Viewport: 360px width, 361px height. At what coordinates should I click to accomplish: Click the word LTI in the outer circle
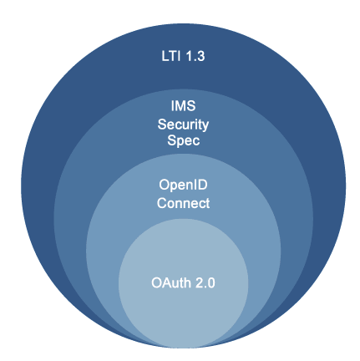point(170,56)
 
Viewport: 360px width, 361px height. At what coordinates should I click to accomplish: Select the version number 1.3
point(195,56)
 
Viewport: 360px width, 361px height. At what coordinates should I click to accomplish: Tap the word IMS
point(183,106)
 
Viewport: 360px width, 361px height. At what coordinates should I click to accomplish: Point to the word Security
point(183,125)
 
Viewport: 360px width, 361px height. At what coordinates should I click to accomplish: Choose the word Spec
point(184,140)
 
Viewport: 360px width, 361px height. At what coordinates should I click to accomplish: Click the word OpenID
point(183,186)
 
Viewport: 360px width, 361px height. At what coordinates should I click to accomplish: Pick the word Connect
point(183,203)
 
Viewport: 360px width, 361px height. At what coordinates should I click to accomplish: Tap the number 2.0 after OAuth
point(205,283)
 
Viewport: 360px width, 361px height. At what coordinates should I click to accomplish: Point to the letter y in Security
point(205,126)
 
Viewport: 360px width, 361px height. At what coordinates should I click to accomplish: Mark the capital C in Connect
point(161,203)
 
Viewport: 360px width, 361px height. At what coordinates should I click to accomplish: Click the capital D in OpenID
point(203,185)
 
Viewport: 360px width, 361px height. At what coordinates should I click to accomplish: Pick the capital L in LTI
point(165,56)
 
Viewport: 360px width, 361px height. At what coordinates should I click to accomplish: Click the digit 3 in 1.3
point(201,56)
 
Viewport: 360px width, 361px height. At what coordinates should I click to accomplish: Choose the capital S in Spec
point(171,140)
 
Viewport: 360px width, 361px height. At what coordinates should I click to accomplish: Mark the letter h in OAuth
point(188,282)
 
